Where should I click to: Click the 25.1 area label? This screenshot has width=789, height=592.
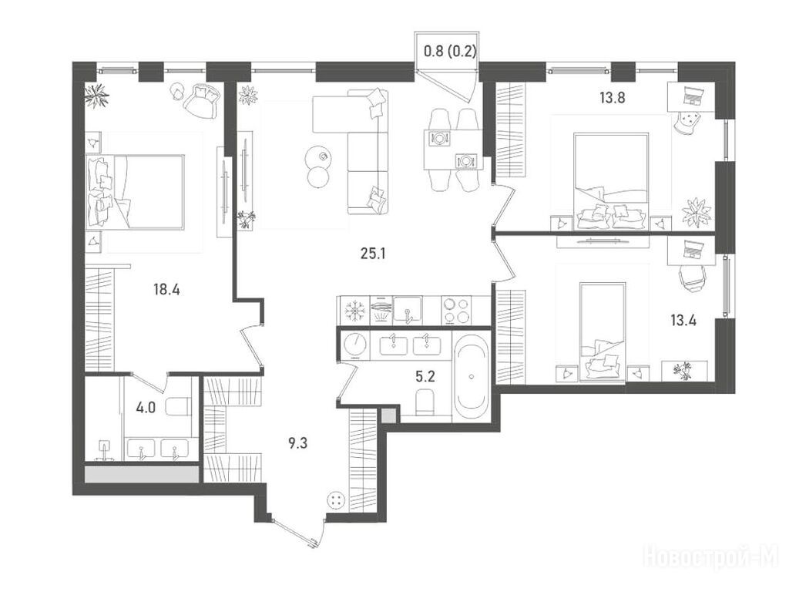click(373, 254)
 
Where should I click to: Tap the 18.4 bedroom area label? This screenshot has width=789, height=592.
click(167, 290)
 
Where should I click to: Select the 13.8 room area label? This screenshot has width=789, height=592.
click(612, 98)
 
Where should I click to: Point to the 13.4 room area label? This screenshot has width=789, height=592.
click(683, 320)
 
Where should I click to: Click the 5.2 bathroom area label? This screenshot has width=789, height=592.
click(425, 375)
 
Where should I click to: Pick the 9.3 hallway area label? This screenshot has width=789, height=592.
click(298, 443)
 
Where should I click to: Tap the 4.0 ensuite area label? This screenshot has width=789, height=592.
click(146, 408)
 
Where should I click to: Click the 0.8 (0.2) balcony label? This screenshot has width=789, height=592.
click(449, 52)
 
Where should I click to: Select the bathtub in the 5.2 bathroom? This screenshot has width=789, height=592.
click(471, 376)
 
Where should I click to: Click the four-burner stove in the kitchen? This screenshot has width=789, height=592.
click(455, 311)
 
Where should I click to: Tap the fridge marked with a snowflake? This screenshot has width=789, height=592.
click(355, 311)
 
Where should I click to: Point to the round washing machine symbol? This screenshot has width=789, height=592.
click(355, 345)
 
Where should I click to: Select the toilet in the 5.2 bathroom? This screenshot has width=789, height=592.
click(425, 402)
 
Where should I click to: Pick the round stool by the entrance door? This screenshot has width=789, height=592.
click(336, 500)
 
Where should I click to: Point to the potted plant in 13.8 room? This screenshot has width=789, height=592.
click(697, 211)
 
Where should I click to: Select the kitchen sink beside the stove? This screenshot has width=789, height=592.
click(408, 311)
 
